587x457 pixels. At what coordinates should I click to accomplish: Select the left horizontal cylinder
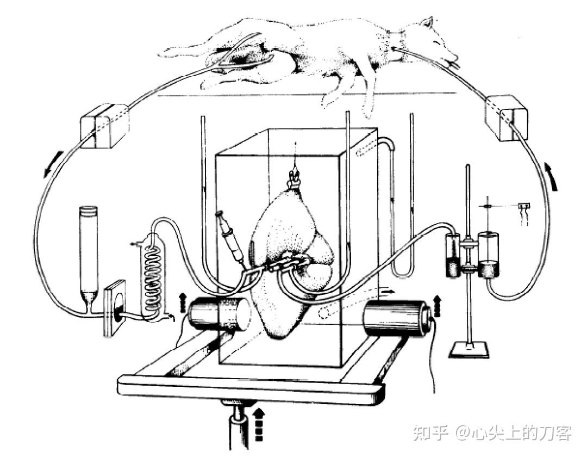(x=217, y=315)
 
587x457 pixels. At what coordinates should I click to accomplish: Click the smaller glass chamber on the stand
(x=452, y=256)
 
